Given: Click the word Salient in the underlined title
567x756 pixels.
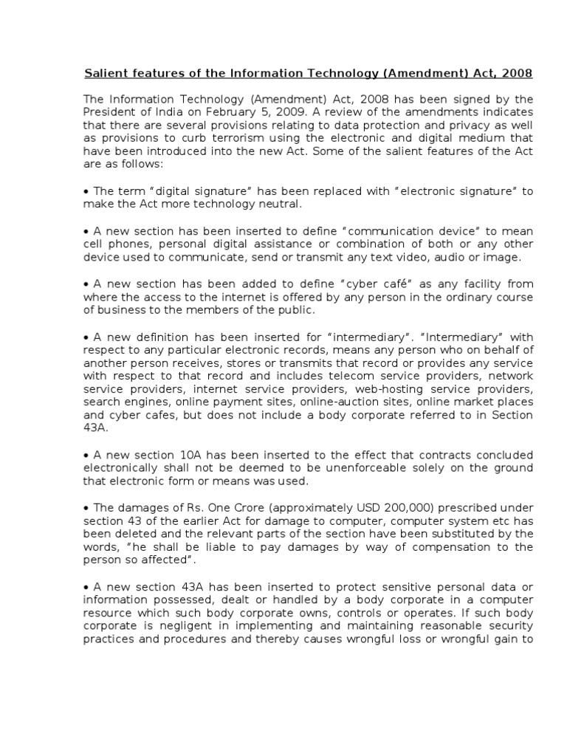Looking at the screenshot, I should [x=103, y=73].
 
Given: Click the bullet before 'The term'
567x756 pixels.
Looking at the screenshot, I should [x=86, y=191].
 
